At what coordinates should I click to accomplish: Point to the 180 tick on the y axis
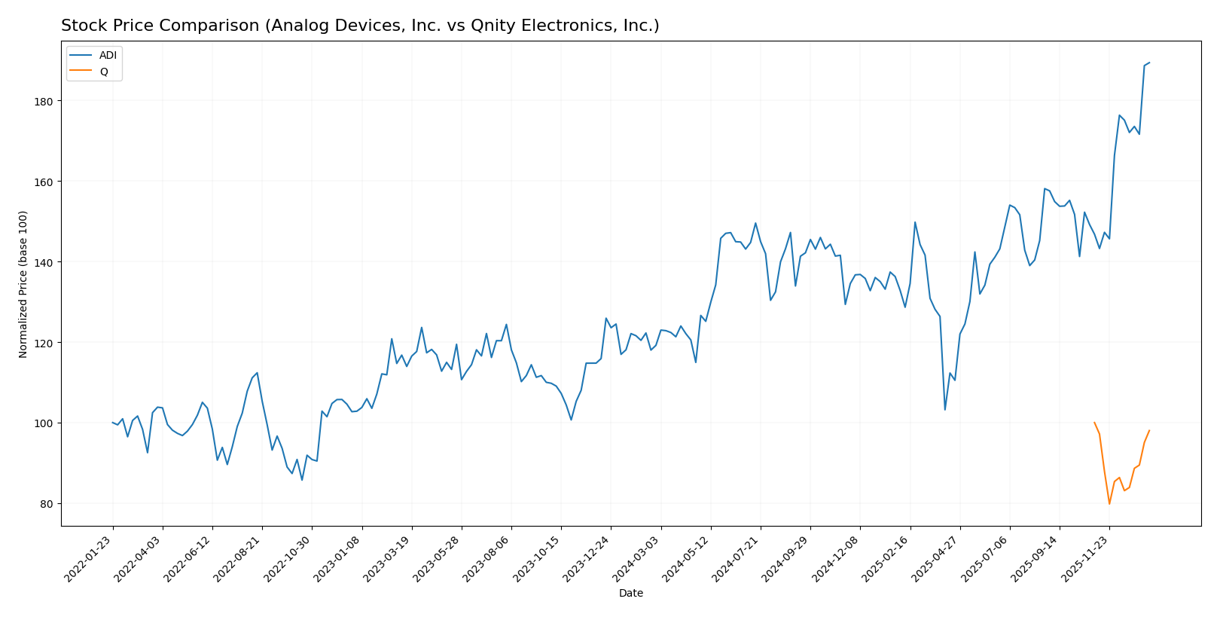pos(47,101)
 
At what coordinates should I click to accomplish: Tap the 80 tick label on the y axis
pos(50,504)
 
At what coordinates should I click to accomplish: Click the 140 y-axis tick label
pos(47,262)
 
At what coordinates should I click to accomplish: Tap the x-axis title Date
pos(631,594)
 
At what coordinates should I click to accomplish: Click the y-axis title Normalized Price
pos(23,284)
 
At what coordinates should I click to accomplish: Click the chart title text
pos(360,26)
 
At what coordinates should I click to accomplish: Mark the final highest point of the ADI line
pos(1149,63)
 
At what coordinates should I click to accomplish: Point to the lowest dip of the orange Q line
pos(1109,503)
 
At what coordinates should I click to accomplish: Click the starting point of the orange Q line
pos(1094,423)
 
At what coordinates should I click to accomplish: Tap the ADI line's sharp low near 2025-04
pos(945,410)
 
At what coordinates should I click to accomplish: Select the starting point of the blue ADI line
pos(113,423)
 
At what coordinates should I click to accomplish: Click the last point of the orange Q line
pos(1149,431)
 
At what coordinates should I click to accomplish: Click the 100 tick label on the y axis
pos(47,423)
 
